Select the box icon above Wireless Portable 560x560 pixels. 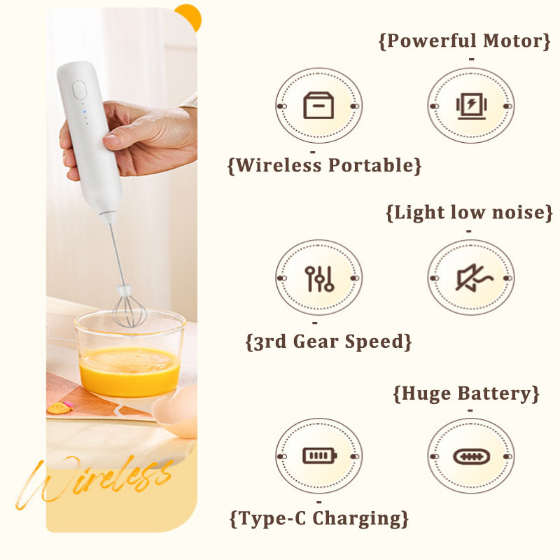[x=318, y=106]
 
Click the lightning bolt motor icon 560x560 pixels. [x=471, y=106]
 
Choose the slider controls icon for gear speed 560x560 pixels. [x=319, y=279]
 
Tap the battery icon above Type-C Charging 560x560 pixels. [x=320, y=456]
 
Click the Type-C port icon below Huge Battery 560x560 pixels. [x=471, y=456]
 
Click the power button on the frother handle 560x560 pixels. [x=79, y=90]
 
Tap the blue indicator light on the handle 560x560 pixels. [x=85, y=112]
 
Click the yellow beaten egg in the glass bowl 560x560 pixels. [x=129, y=371]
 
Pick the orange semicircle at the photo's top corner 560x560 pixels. [x=189, y=17]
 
